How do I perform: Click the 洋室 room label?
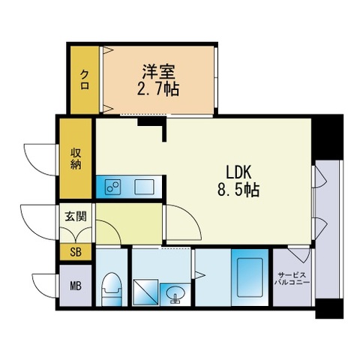159,73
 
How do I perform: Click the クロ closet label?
85,78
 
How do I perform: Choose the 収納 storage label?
76,158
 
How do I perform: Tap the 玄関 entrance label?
76,217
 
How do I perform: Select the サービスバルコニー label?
291,280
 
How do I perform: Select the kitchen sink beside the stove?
142,187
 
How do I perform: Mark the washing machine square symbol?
145,292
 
